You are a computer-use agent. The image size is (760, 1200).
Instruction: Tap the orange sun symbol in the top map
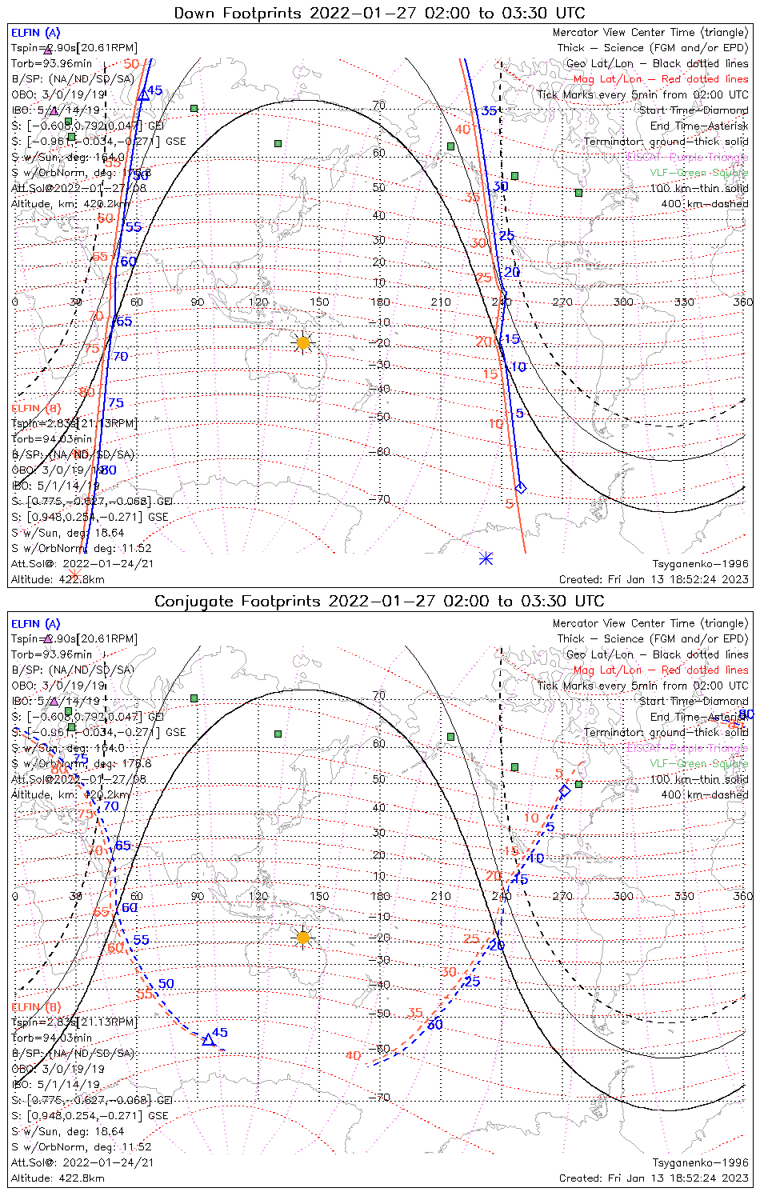[x=302, y=343]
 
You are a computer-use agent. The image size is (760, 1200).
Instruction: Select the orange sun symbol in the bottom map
[x=302, y=938]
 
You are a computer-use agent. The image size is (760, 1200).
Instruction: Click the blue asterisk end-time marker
[x=486, y=558]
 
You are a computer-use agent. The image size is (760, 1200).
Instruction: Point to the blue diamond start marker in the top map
[x=522, y=488]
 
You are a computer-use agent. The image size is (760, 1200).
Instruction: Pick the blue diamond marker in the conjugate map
[x=565, y=790]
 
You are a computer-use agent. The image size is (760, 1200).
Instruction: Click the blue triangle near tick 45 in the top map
[x=144, y=94]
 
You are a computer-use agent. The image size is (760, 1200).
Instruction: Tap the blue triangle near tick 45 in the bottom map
[x=208, y=1040]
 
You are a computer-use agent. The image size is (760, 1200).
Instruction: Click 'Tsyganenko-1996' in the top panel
[x=700, y=564]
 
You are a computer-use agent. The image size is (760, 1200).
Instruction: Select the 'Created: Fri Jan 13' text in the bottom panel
[x=654, y=1178]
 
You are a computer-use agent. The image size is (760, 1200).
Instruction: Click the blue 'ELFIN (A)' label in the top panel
[x=35, y=33]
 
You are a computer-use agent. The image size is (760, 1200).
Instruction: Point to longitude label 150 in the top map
[x=319, y=302]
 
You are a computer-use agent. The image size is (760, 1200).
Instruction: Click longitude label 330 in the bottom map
[x=684, y=896]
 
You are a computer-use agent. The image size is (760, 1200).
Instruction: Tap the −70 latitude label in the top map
[x=379, y=499]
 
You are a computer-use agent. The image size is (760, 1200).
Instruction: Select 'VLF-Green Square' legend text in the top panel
[x=698, y=173]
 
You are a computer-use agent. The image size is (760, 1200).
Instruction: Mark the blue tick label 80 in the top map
[x=108, y=470]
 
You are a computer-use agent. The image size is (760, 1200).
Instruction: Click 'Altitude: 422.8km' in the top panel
[x=58, y=579]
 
